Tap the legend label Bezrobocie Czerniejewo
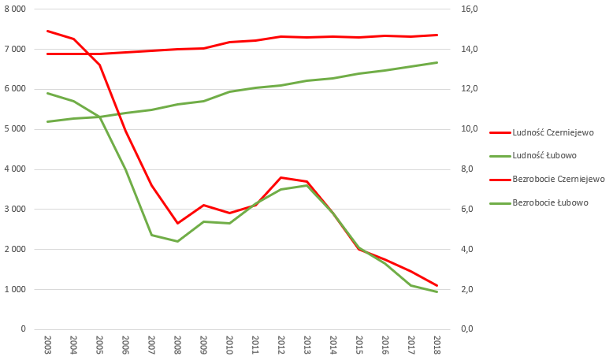[x=558, y=179]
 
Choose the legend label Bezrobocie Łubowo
[x=550, y=202]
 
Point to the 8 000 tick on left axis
[x=16, y=9]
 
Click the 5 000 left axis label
[x=16, y=129]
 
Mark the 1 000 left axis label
[x=16, y=290]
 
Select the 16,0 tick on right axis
[x=470, y=9]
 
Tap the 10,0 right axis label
[x=470, y=129]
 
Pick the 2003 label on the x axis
[x=48, y=344]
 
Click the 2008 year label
[x=178, y=344]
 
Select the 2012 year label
[x=281, y=344]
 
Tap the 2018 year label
[x=437, y=344]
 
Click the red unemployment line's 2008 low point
[x=178, y=223]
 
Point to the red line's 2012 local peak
[x=281, y=177]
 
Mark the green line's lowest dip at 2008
[x=178, y=241]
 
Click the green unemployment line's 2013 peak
[x=307, y=185]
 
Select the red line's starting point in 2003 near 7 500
[x=48, y=31]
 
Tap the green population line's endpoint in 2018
[x=437, y=62]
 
